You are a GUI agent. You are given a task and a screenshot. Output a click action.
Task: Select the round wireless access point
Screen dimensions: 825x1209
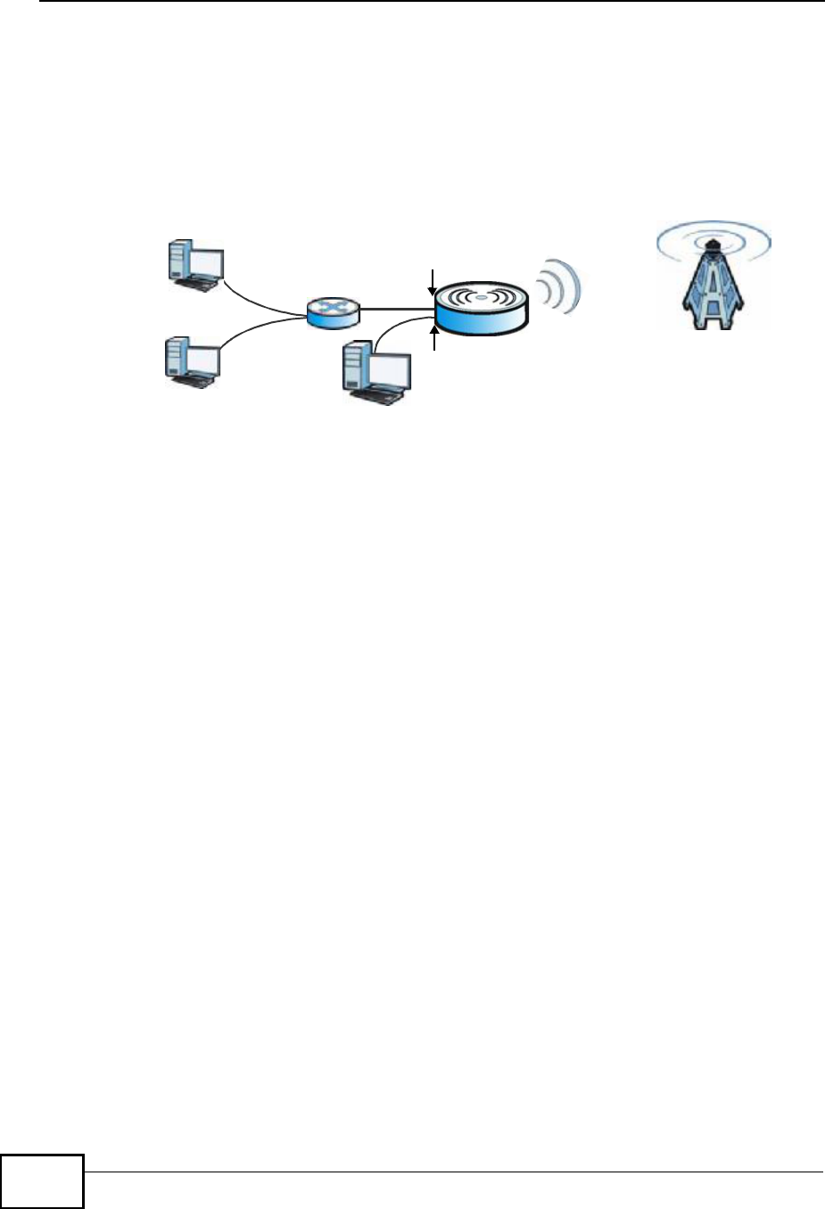[x=481, y=308]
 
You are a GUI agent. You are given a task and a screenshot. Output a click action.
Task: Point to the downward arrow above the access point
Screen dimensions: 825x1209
[x=433, y=280]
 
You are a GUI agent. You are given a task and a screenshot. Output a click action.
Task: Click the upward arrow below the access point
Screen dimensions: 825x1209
[x=435, y=339]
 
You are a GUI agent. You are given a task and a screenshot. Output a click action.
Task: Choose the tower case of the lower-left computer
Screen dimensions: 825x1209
[x=176, y=358]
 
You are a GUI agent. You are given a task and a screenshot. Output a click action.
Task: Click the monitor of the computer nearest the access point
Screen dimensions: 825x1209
[x=390, y=370]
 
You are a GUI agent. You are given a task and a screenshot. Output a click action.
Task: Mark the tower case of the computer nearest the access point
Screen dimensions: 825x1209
[x=356, y=368]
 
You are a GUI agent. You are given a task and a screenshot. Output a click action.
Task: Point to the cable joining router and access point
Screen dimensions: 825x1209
[x=397, y=309]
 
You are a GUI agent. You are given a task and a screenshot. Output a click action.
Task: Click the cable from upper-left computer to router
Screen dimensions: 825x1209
[x=263, y=302]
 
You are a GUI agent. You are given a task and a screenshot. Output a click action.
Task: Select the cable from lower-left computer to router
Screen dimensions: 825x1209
[x=259, y=329]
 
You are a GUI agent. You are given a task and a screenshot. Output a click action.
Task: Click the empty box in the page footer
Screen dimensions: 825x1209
[x=42, y=1181]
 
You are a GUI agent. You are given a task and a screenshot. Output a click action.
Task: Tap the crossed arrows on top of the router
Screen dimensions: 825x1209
[x=332, y=306]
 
